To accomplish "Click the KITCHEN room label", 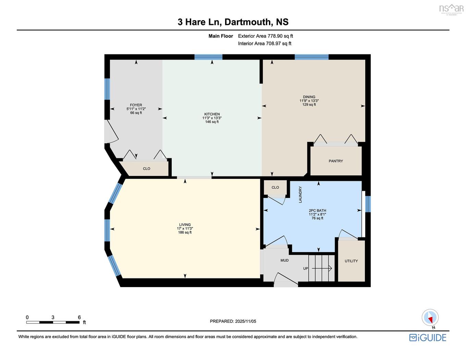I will point(212,114).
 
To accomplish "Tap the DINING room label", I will point(309,97).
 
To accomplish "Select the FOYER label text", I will point(136,105).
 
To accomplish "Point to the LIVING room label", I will point(185,225).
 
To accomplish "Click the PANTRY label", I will point(336,161).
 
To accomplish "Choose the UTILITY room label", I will point(351,261).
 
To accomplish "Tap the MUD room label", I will point(284,260).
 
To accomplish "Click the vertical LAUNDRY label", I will point(301,195).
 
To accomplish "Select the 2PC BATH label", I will point(317,211).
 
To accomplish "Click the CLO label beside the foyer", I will point(146,169).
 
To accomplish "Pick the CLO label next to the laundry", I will point(275,187).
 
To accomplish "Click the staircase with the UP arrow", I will point(321,268).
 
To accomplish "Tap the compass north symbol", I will point(430,318).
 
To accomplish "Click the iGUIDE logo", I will point(428,337).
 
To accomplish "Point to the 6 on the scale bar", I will point(79,317).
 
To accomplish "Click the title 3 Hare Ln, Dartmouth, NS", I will point(233,22).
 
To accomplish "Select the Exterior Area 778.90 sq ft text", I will point(266,36).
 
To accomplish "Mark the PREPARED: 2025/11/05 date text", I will point(233,321).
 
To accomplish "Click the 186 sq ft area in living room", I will point(185,233).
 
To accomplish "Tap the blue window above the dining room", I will point(311,57).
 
